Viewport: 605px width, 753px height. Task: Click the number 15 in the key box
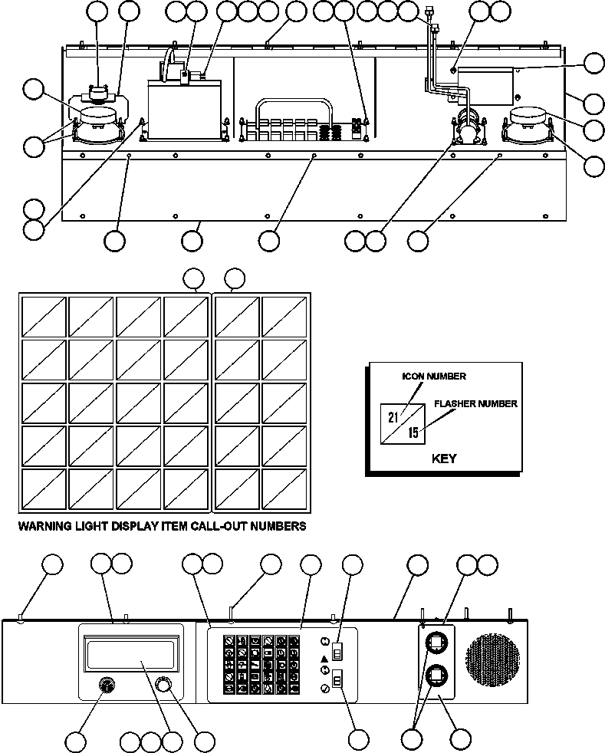coord(413,432)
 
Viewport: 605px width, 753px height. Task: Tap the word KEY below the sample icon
coord(444,459)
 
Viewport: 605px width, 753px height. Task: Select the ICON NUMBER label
coord(434,376)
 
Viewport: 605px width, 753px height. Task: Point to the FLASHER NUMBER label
coord(475,403)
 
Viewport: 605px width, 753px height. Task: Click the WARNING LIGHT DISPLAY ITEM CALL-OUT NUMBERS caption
coord(162,526)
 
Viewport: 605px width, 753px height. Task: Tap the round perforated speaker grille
coord(492,659)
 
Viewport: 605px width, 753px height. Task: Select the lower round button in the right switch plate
coord(436,676)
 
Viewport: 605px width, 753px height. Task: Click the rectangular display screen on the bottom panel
coord(130,656)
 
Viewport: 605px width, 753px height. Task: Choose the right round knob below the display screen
coord(163,684)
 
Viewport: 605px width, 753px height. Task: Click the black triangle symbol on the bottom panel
coord(324,656)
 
